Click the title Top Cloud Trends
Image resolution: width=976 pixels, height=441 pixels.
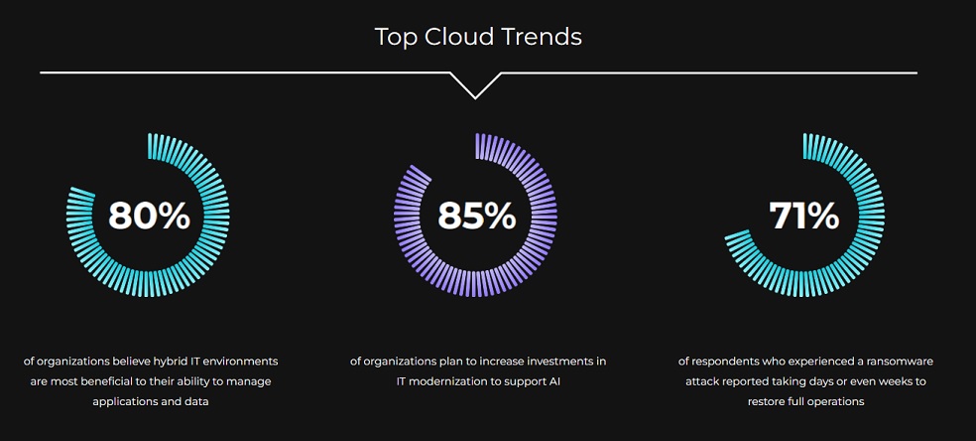click(x=478, y=37)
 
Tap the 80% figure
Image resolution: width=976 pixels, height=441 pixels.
click(x=149, y=216)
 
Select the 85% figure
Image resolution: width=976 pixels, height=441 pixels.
click(x=477, y=216)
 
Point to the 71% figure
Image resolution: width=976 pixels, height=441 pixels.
click(x=804, y=216)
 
